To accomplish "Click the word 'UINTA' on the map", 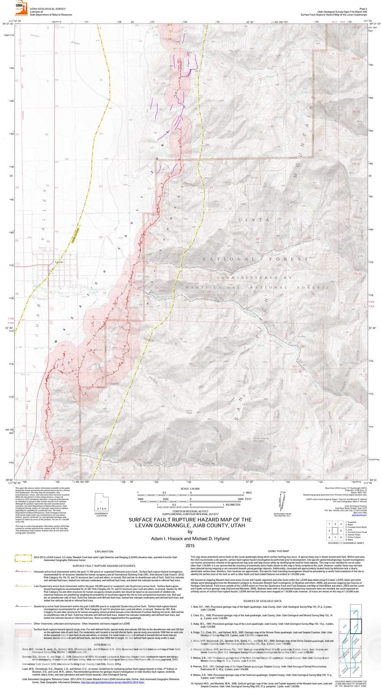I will tap(254, 220).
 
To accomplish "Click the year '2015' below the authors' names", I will tap(190, 545).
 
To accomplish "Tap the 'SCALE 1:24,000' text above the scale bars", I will tap(190, 489).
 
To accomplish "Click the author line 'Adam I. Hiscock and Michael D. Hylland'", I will tap(190, 539).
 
